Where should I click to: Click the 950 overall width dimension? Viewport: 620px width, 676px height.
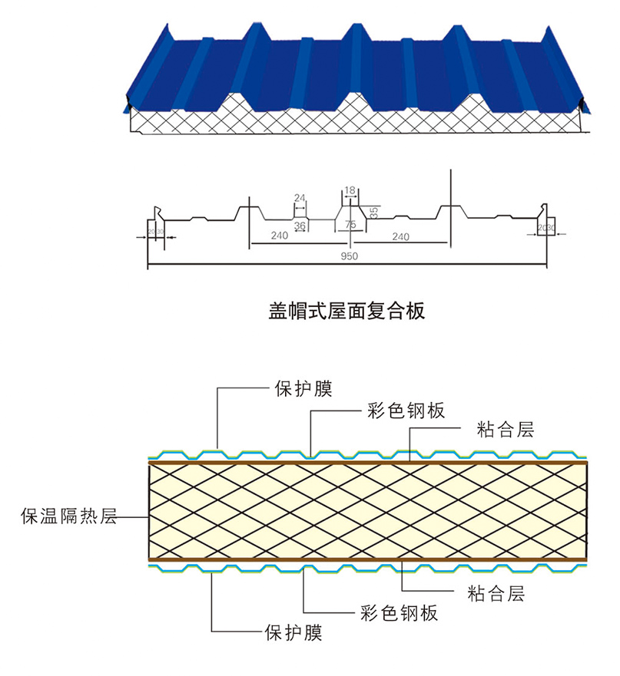(348, 256)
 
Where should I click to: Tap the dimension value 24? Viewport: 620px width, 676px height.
(300, 198)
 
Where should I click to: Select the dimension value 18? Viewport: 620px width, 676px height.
(350, 190)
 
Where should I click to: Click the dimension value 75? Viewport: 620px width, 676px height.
(350, 224)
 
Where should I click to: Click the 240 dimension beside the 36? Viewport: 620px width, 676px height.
(280, 236)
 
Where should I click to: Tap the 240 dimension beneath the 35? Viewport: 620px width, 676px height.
(400, 236)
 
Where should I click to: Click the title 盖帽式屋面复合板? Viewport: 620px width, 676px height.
(346, 310)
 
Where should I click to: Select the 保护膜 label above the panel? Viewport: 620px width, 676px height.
(303, 388)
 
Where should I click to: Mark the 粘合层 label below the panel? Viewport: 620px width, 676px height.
(496, 593)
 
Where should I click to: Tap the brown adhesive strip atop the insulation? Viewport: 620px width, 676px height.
(369, 462)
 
